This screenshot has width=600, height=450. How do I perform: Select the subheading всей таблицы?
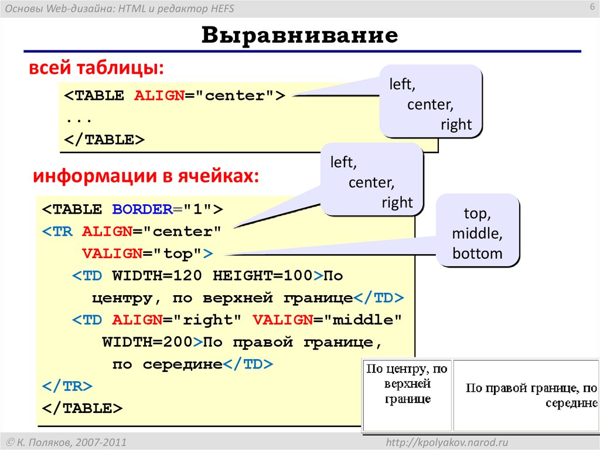96,69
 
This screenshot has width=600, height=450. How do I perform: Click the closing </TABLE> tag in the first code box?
104,140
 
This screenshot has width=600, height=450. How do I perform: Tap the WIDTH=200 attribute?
148,342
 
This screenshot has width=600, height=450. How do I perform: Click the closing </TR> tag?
67,386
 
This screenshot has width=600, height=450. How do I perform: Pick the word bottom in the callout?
478,254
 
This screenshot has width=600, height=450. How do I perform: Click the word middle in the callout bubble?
477,234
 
